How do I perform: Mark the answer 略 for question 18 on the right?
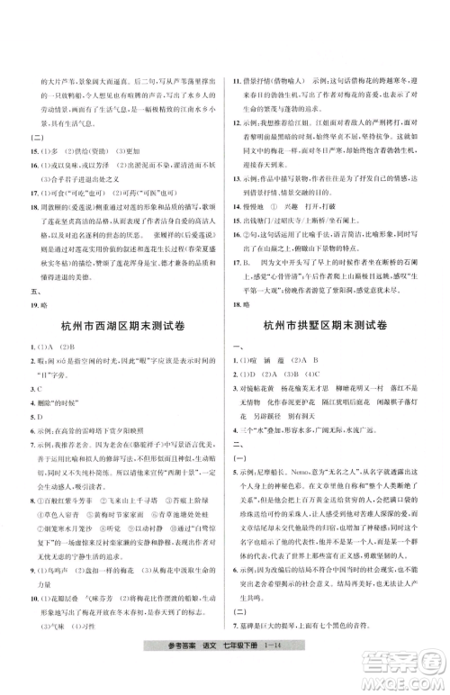point(247,306)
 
